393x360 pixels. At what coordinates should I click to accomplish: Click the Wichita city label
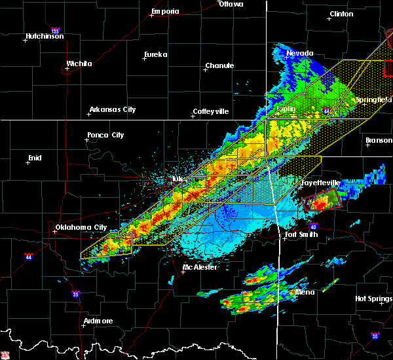(x=79, y=64)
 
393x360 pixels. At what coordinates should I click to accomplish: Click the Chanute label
(x=219, y=65)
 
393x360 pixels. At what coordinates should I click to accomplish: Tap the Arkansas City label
(x=113, y=109)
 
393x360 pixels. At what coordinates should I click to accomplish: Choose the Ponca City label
(x=105, y=135)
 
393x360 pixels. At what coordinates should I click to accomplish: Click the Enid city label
(x=34, y=158)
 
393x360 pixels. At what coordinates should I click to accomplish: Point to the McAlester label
(x=200, y=268)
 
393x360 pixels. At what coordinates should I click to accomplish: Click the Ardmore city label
(x=98, y=321)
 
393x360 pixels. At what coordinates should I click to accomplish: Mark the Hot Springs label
(x=374, y=298)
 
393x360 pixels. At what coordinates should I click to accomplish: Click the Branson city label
(x=379, y=140)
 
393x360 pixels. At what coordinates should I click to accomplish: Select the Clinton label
(x=341, y=14)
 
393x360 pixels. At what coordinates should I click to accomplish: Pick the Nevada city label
(x=300, y=53)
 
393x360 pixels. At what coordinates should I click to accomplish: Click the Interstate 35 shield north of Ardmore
(x=77, y=293)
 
